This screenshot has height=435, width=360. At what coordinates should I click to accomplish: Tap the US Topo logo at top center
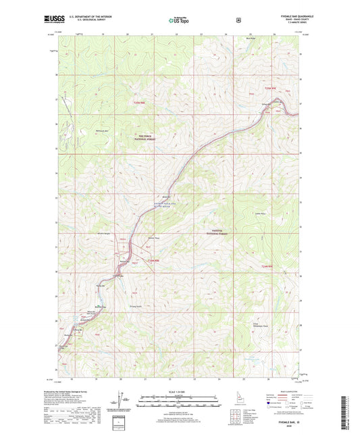click(x=179, y=20)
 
